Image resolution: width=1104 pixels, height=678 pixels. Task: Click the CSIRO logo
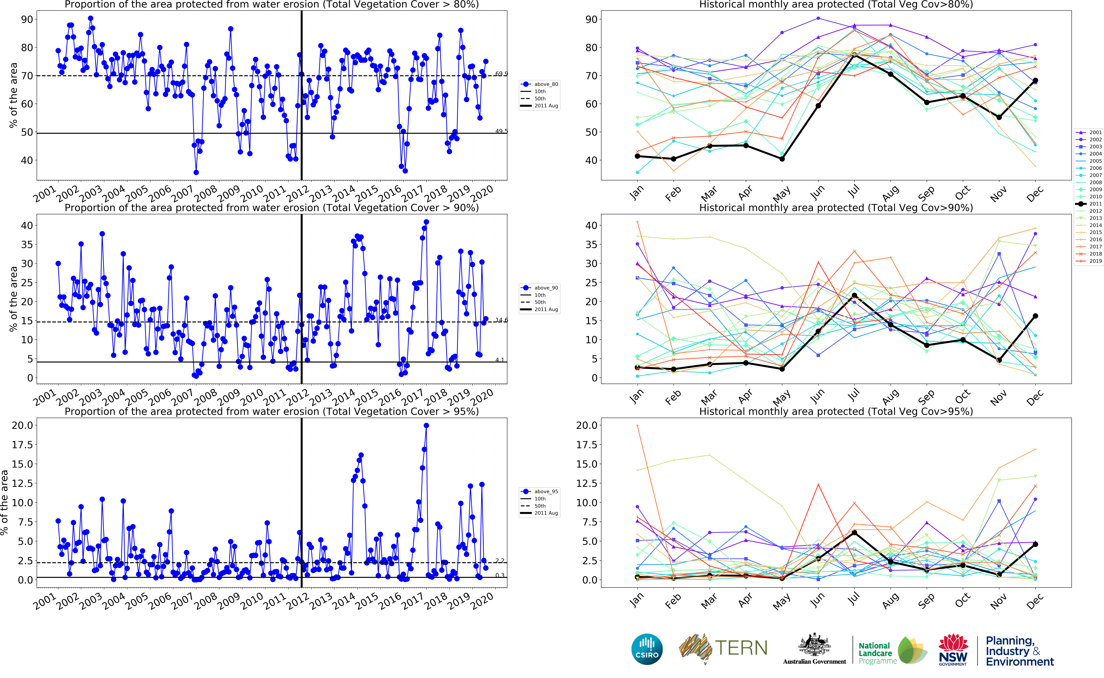[647, 649]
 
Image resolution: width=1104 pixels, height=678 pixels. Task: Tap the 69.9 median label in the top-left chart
[501, 74]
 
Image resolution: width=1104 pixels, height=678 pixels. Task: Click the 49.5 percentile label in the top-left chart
[501, 131]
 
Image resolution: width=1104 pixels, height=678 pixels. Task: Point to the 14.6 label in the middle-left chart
[501, 320]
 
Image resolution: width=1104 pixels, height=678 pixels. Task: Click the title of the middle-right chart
[836, 208]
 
